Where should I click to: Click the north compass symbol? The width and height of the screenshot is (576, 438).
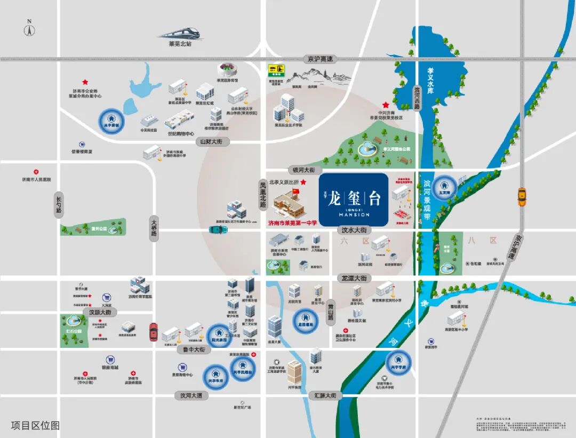pyautogui.click(x=29, y=29)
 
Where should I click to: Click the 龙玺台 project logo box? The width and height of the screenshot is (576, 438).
pyautogui.click(x=354, y=198)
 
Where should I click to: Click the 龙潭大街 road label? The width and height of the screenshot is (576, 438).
pyautogui.click(x=354, y=278)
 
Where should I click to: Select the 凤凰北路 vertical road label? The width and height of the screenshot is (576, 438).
pyautogui.click(x=262, y=193)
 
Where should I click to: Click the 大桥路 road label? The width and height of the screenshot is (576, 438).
pyautogui.click(x=154, y=229)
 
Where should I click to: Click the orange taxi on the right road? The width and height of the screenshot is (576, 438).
pyautogui.click(x=522, y=197)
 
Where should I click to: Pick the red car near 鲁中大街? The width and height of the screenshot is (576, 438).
pyautogui.click(x=154, y=331)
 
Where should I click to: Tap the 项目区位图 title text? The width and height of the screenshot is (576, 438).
pyautogui.click(x=35, y=425)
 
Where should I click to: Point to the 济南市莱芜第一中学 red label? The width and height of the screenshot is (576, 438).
pyautogui.click(x=292, y=222)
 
